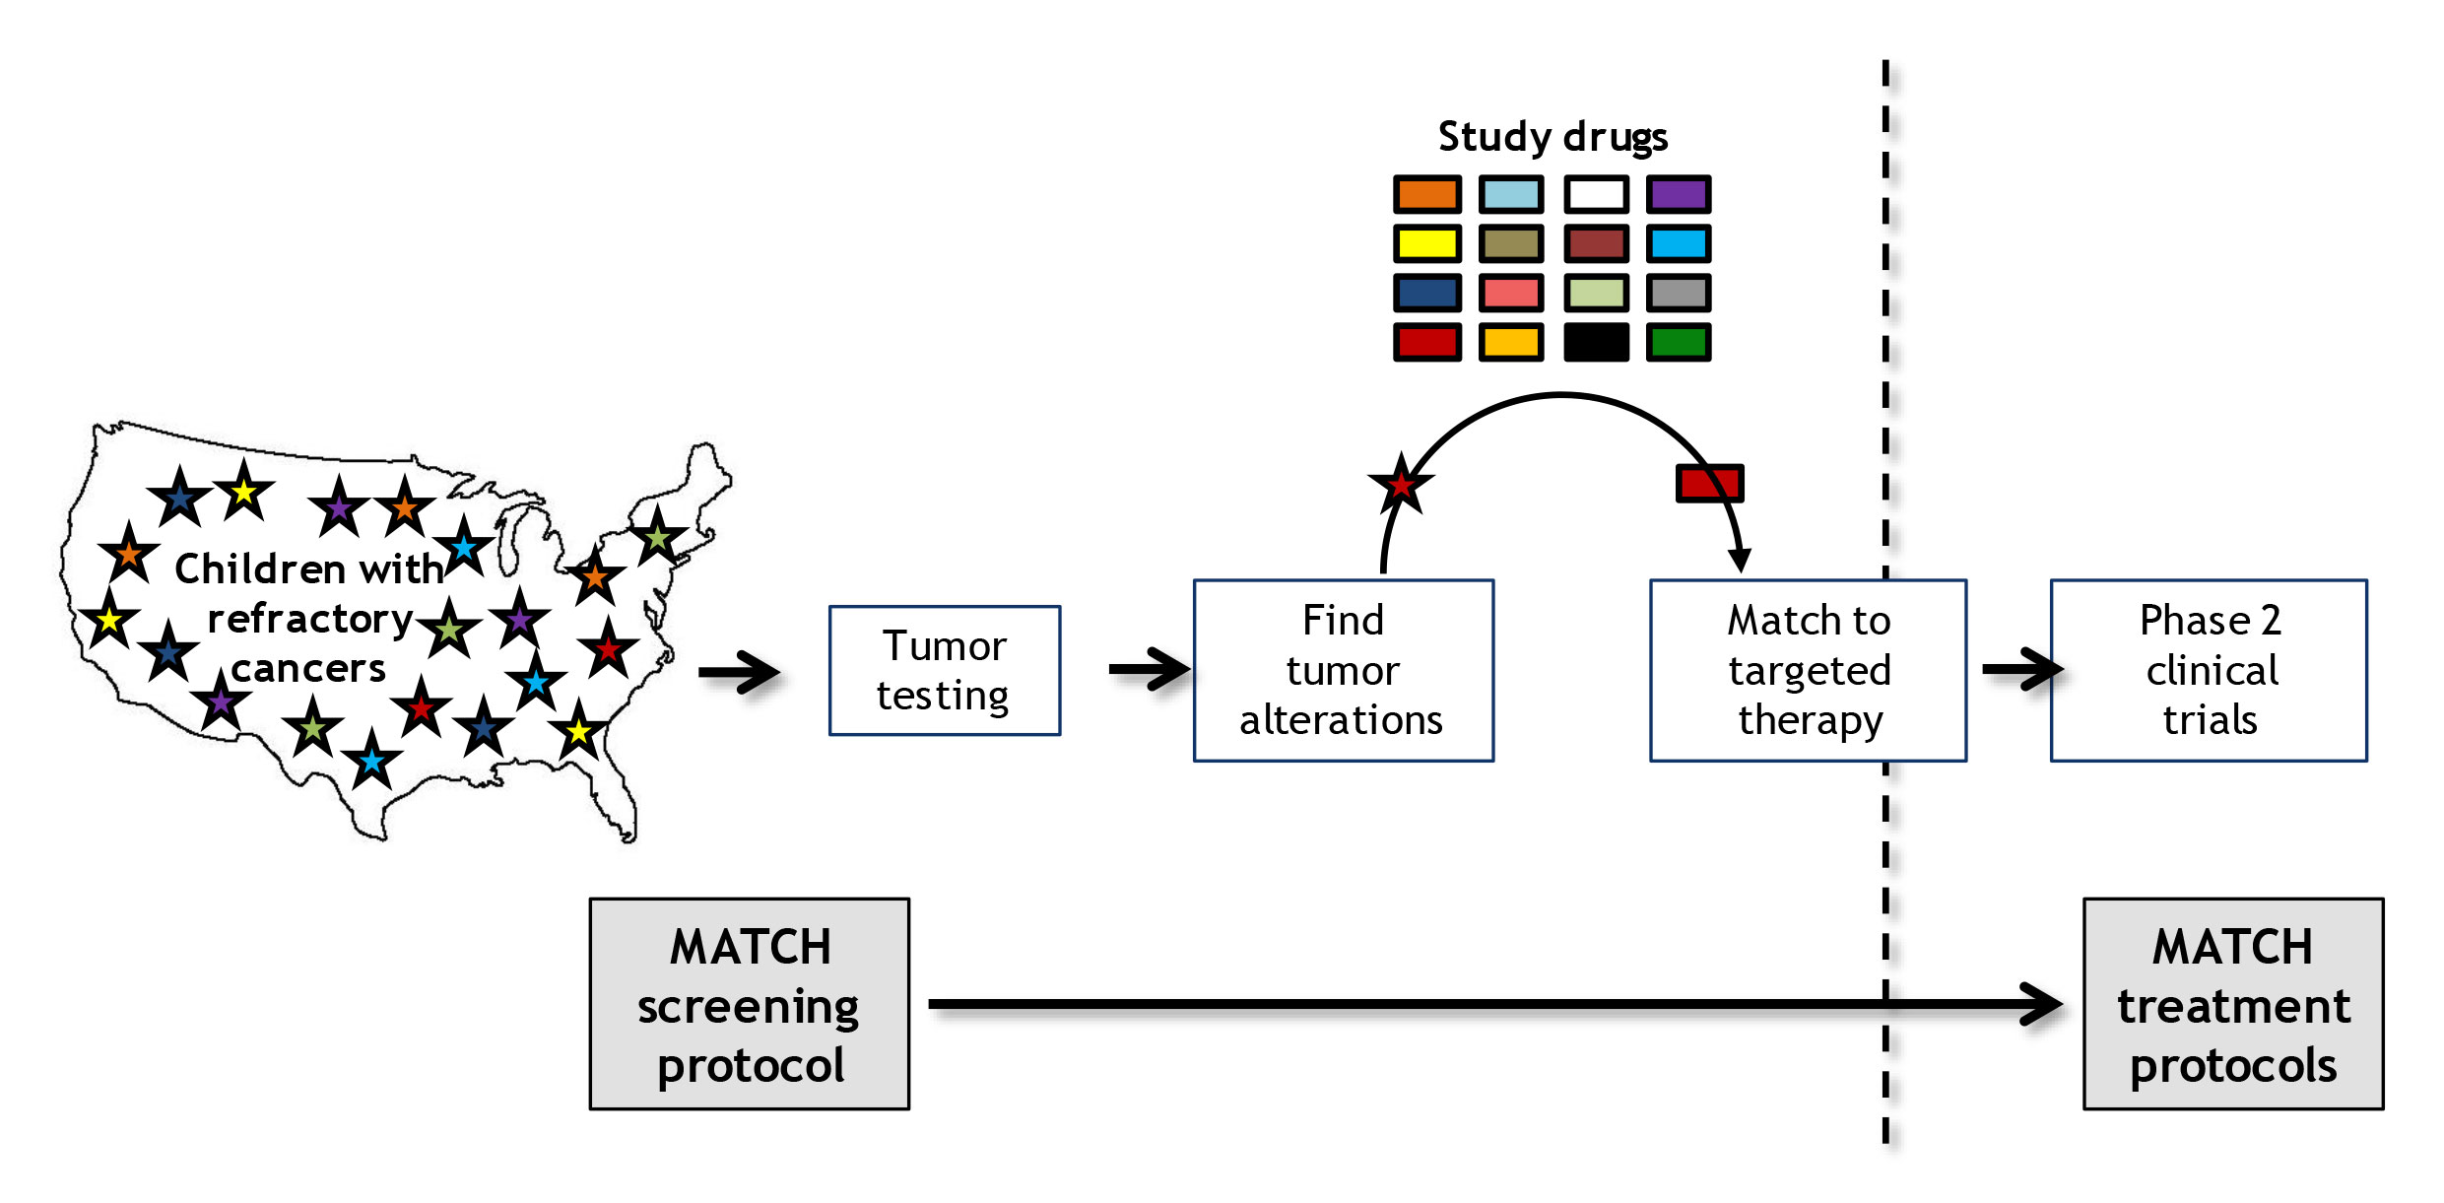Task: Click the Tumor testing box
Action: (x=944, y=670)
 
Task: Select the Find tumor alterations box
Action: (x=1343, y=670)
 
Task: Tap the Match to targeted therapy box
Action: (x=1808, y=670)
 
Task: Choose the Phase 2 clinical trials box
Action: (x=2208, y=670)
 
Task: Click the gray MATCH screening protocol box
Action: (x=749, y=1003)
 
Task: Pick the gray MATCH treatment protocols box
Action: (x=2232, y=1003)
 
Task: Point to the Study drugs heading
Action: (x=1552, y=136)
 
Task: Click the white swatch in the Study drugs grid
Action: (x=1596, y=194)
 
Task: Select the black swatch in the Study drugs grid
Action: (x=1596, y=342)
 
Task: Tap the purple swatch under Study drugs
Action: (x=1679, y=194)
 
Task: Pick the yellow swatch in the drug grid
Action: (x=1426, y=243)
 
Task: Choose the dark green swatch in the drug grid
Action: (x=1679, y=342)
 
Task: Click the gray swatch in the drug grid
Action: (x=1679, y=293)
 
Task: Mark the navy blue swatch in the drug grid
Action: (x=1426, y=293)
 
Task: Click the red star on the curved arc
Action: (x=1400, y=484)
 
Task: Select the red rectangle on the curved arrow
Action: (x=1709, y=483)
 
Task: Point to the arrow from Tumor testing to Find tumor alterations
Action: (x=1149, y=670)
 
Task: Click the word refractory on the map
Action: (x=309, y=619)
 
